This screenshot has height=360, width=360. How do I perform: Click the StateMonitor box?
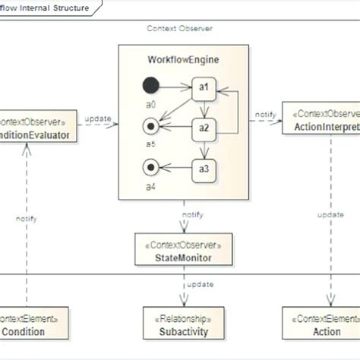(x=183, y=251)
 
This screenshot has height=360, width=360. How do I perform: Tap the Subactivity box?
(x=183, y=324)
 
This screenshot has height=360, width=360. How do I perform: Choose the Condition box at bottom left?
(x=26, y=324)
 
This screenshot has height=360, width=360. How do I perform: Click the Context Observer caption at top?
(x=179, y=28)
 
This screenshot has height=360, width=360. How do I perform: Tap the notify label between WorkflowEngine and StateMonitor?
(x=192, y=215)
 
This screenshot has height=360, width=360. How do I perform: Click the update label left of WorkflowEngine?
(x=98, y=118)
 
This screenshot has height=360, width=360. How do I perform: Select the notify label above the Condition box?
(x=27, y=218)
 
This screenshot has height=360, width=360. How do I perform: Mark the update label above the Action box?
(x=330, y=215)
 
